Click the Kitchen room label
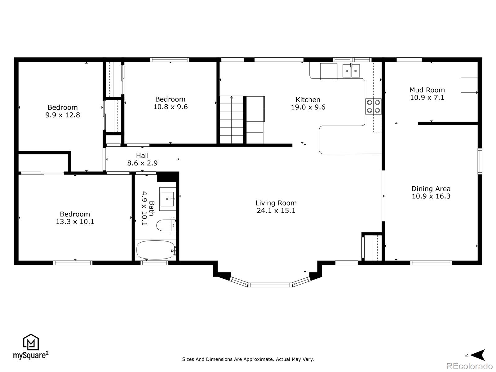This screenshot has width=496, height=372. point(308,100)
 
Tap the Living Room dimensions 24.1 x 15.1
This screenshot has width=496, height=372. point(276,210)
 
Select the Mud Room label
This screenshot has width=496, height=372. point(427,90)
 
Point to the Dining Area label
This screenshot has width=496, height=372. point(431,188)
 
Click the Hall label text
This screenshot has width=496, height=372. point(142,155)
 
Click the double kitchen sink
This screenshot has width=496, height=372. point(351,71)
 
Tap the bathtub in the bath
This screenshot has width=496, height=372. point(156,250)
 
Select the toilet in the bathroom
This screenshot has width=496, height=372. point(166,225)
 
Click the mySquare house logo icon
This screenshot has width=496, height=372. point(31,342)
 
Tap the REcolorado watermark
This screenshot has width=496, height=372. point(469,366)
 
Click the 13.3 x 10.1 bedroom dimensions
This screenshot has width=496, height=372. point(75,222)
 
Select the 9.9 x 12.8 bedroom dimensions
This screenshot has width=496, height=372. point(63,115)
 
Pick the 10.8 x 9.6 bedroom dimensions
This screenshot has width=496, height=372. point(170,107)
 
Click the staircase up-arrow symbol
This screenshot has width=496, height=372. point(231,98)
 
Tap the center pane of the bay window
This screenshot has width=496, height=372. point(270,285)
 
